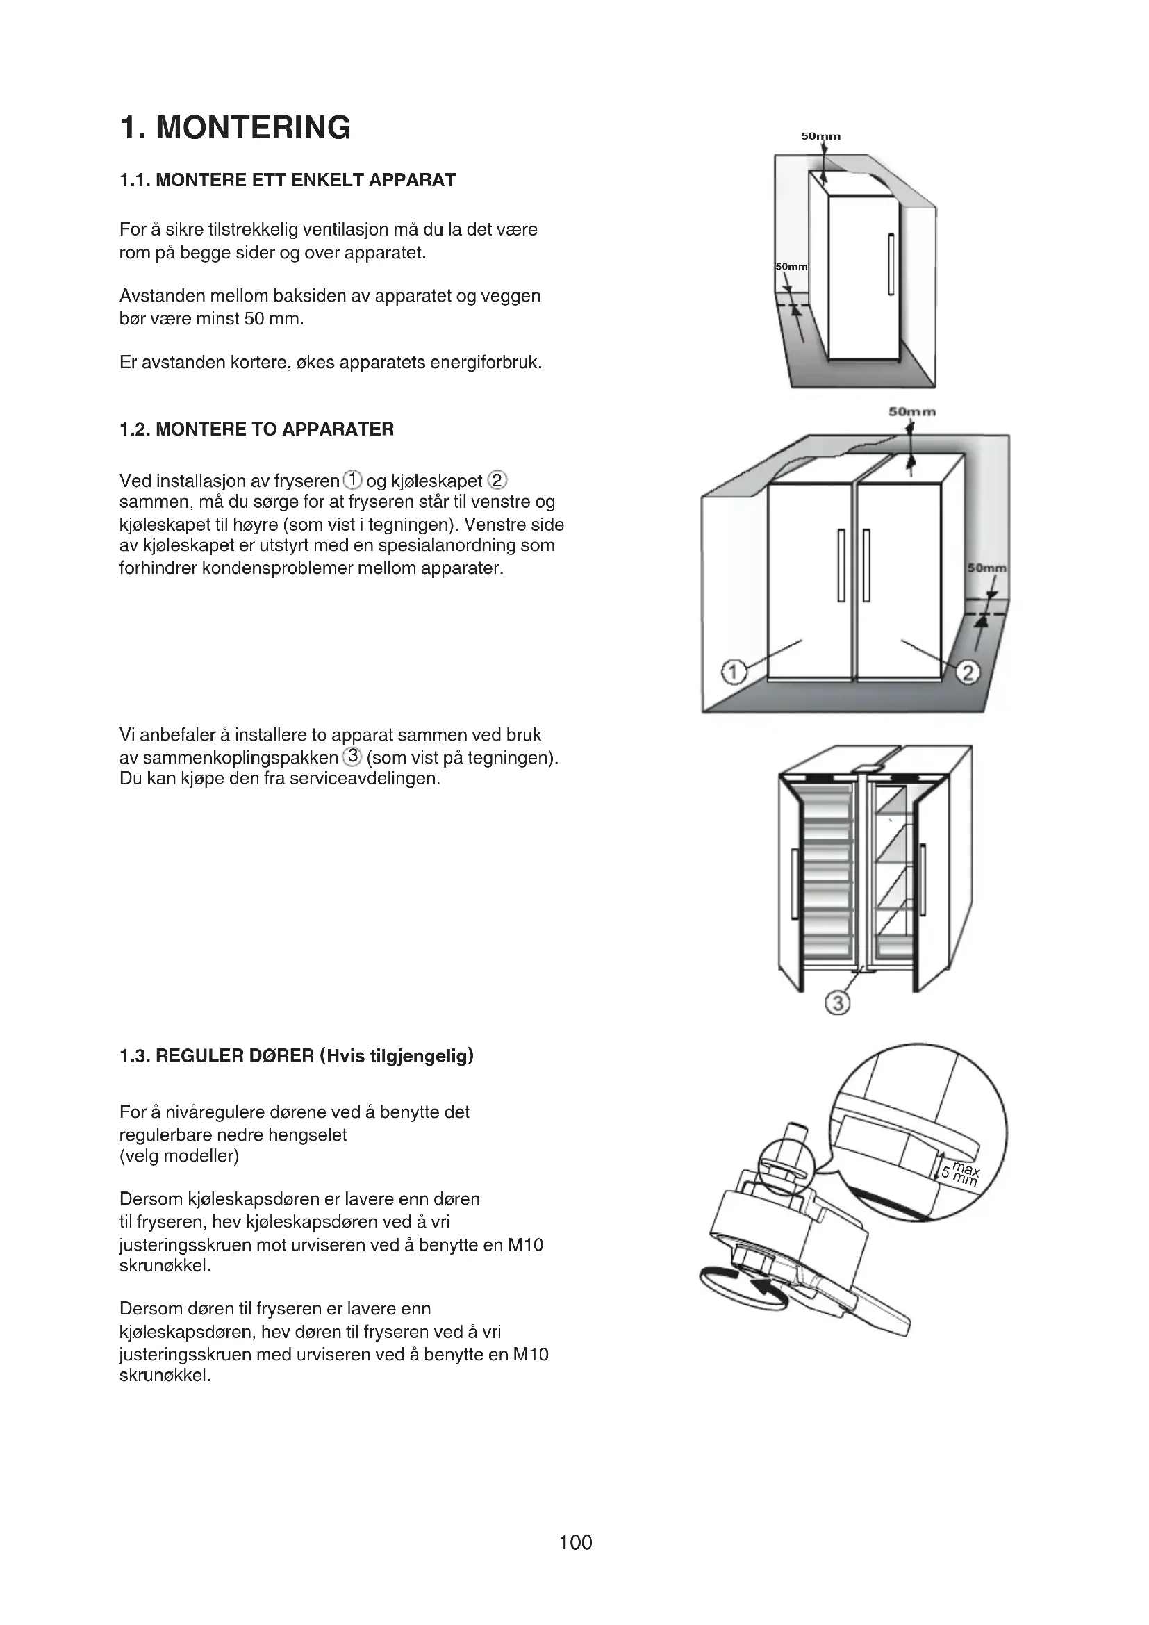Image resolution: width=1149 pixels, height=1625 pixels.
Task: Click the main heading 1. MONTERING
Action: [235, 128]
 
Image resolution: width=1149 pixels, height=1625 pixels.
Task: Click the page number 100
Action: [575, 1542]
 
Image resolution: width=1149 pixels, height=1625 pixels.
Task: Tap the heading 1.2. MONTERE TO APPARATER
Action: [257, 429]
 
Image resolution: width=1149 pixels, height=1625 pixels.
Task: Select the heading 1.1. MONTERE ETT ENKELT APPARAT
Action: [288, 180]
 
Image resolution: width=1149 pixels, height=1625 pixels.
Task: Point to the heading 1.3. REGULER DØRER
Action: [297, 1056]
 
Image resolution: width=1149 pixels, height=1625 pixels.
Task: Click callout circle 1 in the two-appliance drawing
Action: [733, 671]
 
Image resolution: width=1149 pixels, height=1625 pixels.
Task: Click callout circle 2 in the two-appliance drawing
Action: [968, 672]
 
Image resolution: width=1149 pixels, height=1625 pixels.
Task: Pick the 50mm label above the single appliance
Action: [820, 136]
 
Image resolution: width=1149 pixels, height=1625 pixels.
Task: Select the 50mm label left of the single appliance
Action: [791, 267]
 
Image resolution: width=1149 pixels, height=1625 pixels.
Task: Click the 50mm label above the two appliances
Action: [912, 412]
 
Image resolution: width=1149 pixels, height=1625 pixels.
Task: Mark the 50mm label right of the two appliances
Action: [987, 568]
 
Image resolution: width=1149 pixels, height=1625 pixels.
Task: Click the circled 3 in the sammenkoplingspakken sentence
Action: [352, 757]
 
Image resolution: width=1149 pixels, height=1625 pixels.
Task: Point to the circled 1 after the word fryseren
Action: [352, 481]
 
